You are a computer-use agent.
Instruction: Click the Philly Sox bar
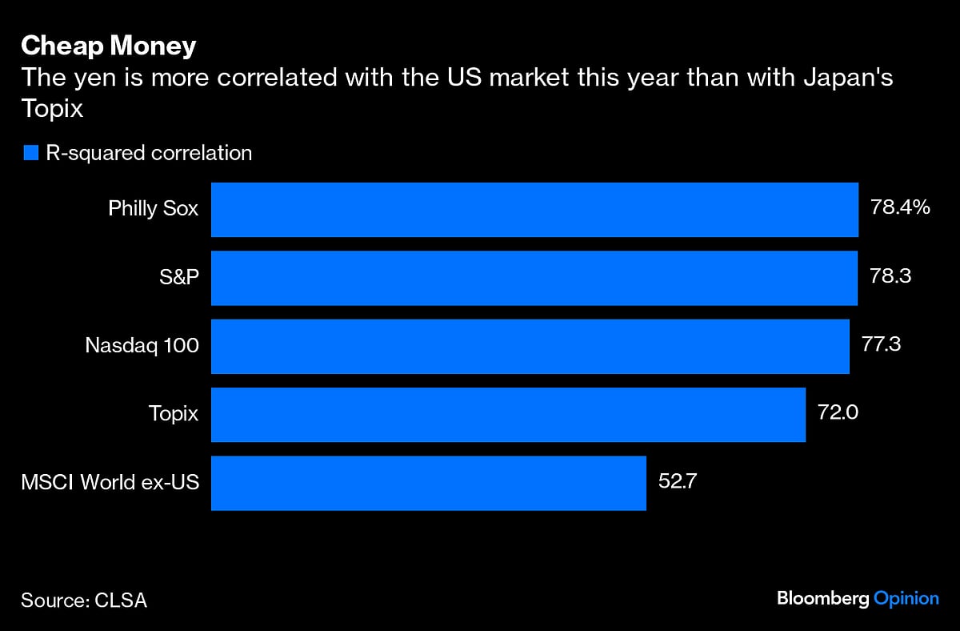point(534,210)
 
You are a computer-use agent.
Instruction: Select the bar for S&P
point(534,278)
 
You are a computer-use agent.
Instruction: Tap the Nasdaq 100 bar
point(530,346)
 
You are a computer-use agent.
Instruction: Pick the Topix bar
point(508,415)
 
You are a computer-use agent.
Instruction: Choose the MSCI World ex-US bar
point(428,483)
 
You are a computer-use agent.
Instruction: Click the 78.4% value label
point(899,208)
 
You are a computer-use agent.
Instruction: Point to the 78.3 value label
point(890,276)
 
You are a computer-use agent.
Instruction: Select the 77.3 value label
point(881,345)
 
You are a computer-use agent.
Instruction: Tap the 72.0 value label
point(837,414)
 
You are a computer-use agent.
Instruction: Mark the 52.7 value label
point(678,482)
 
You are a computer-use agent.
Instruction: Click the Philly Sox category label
point(153,210)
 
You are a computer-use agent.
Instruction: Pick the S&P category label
point(178,278)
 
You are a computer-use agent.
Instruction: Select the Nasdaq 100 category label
point(142,346)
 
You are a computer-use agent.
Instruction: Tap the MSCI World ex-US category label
point(110,483)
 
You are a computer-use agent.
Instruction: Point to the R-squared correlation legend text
point(149,153)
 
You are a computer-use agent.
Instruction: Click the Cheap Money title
point(108,46)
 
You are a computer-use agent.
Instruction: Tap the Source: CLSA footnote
point(84,600)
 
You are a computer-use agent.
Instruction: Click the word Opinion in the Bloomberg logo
point(906,598)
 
